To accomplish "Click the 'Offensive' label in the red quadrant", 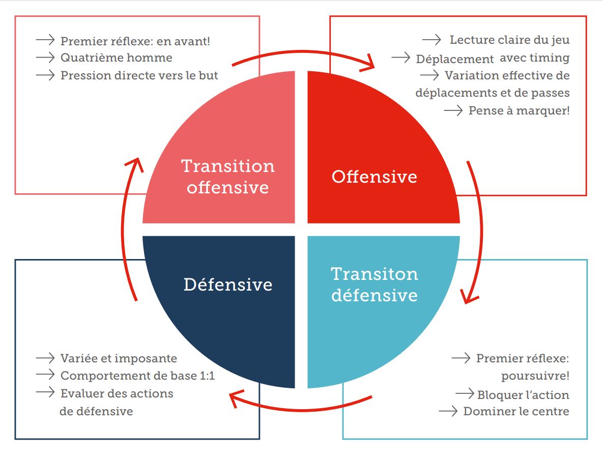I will pyautogui.click(x=374, y=177).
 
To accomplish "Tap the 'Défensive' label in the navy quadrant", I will pyautogui.click(x=227, y=284).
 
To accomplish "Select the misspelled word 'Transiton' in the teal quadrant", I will pyautogui.click(x=374, y=274).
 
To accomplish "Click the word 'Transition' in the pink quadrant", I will pyautogui.click(x=227, y=166).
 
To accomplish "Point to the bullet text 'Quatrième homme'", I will pyautogui.click(x=116, y=58).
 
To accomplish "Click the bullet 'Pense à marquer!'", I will pyautogui.click(x=519, y=110).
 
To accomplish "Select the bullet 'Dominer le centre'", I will pyautogui.click(x=516, y=411).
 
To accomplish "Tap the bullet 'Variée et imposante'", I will pyautogui.click(x=119, y=358).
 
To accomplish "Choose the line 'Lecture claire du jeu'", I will pyautogui.click(x=509, y=40).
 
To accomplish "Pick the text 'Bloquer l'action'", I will pyautogui.click(x=523, y=395).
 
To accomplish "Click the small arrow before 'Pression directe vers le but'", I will pyautogui.click(x=45, y=75).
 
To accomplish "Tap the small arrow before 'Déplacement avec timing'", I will pyautogui.click(x=401, y=58).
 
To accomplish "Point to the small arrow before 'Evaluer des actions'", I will pyautogui.click(x=45, y=392).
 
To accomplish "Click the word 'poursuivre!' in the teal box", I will pyautogui.click(x=535, y=377).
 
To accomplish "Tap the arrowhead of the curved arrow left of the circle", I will pyautogui.click(x=133, y=164).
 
